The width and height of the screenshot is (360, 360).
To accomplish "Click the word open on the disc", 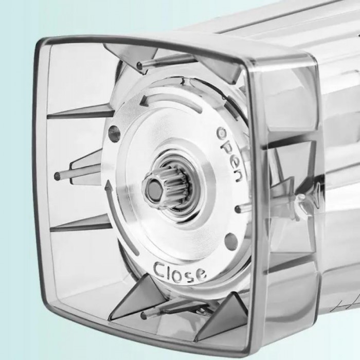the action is pos(229,154).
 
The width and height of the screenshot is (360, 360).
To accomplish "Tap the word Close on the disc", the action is pos(180,272).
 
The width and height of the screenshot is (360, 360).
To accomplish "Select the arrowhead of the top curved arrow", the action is pos(145,101).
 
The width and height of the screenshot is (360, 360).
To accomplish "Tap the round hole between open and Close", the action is pos(231,240).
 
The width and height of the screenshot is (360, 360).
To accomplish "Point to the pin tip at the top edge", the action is pos(139,66).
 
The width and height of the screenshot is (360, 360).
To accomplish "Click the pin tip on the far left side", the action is pos(57,176).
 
